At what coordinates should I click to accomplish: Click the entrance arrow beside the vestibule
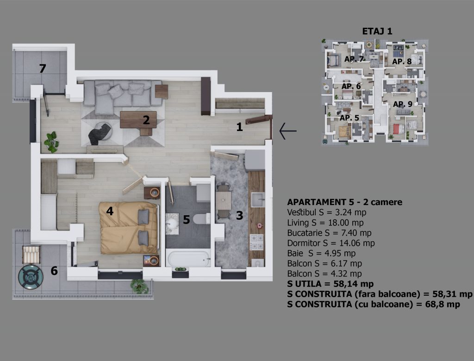coord(288,131)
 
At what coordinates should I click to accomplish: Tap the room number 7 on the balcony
coord(43,68)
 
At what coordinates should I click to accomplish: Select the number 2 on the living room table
coord(146,120)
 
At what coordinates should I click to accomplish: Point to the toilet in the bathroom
coord(202,218)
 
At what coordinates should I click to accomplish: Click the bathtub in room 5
coord(189,259)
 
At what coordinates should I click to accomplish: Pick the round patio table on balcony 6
coord(31,277)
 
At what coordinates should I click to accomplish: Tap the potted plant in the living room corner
coord(52,142)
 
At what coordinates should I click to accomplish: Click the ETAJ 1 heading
coord(377,31)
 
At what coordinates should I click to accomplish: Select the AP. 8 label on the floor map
coord(402,62)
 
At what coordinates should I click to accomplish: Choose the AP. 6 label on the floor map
coord(351,87)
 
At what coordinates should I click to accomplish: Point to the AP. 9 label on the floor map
coord(403,104)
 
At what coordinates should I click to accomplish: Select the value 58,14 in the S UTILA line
coord(344,284)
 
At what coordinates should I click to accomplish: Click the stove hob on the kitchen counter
coord(256,242)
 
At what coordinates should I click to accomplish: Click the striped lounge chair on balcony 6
coord(31,255)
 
